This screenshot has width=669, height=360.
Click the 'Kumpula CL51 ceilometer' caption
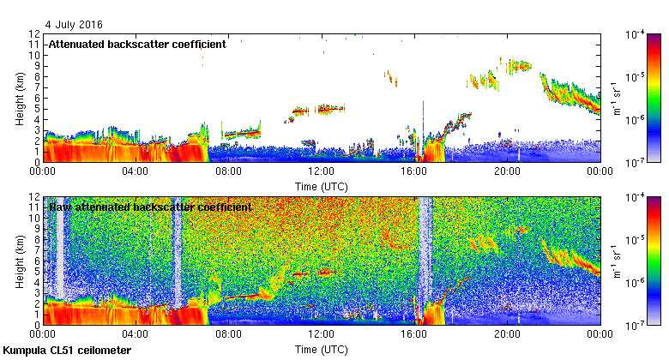[67, 351]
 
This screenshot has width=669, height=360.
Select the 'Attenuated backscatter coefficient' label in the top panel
[137, 44]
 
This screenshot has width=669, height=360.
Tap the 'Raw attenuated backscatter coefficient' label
[150, 207]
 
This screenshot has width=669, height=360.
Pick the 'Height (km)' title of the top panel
[19, 98]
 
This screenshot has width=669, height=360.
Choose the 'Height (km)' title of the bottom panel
[19, 261]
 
